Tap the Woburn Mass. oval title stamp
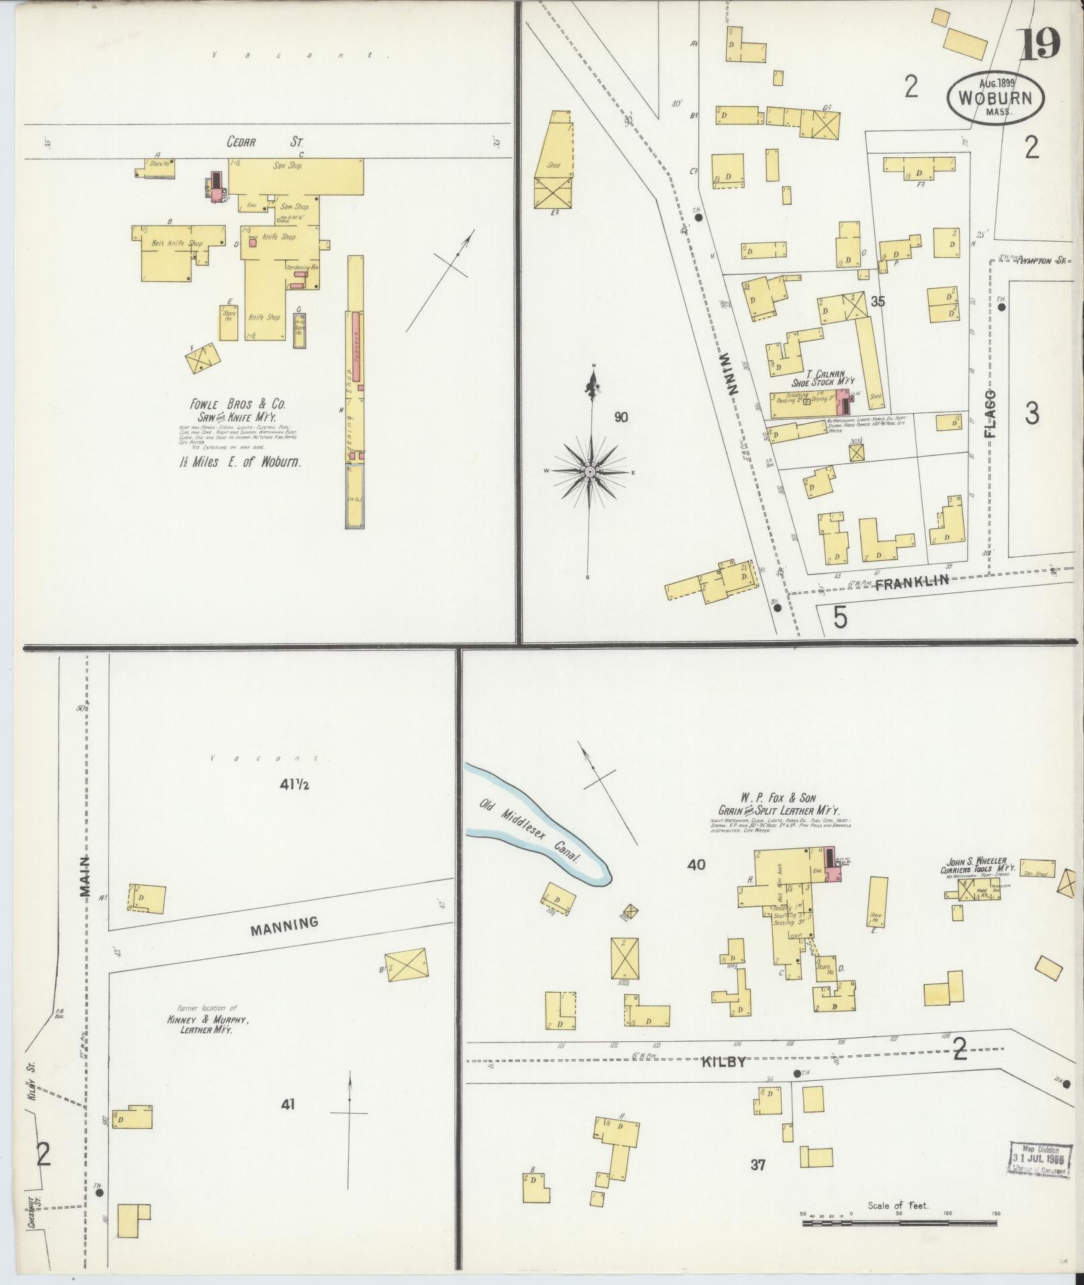pos(995,97)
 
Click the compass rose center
pos(589,472)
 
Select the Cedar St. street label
pos(265,142)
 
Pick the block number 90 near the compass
pos(621,417)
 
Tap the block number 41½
pos(294,784)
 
